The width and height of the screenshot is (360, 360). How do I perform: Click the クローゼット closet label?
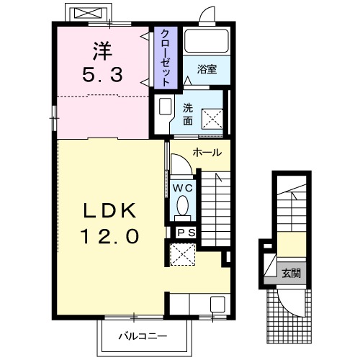(166, 58)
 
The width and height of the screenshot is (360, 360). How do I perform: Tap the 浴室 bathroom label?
(207, 69)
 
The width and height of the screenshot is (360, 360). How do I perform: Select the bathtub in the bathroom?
(207, 41)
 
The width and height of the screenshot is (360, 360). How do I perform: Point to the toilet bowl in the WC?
(183, 206)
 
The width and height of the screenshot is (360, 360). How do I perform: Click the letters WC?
(183, 189)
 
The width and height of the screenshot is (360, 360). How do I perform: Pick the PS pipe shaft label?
(186, 233)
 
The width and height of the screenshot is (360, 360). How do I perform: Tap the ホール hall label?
(207, 153)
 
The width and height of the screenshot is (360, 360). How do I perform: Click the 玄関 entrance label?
(291, 273)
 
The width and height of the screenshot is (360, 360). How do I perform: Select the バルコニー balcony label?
(143, 336)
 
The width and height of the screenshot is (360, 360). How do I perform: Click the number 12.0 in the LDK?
(111, 236)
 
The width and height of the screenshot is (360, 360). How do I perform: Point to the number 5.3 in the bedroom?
(102, 74)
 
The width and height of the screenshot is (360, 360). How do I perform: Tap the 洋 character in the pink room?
(102, 51)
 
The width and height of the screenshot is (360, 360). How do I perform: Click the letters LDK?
(109, 210)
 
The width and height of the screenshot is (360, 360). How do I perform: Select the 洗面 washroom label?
(188, 114)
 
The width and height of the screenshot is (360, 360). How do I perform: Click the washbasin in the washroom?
(165, 107)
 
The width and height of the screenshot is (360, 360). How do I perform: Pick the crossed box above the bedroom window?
(87, 13)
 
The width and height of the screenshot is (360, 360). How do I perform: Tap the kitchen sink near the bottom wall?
(217, 304)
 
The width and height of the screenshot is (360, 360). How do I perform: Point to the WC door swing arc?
(186, 160)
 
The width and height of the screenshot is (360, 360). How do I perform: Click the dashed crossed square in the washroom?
(212, 119)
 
